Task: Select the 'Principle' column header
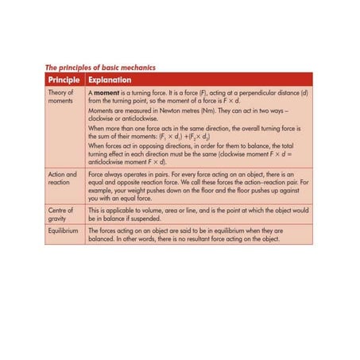tap(63, 80)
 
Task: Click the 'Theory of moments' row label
tap(60, 98)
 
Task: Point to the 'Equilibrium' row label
tap(64, 230)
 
